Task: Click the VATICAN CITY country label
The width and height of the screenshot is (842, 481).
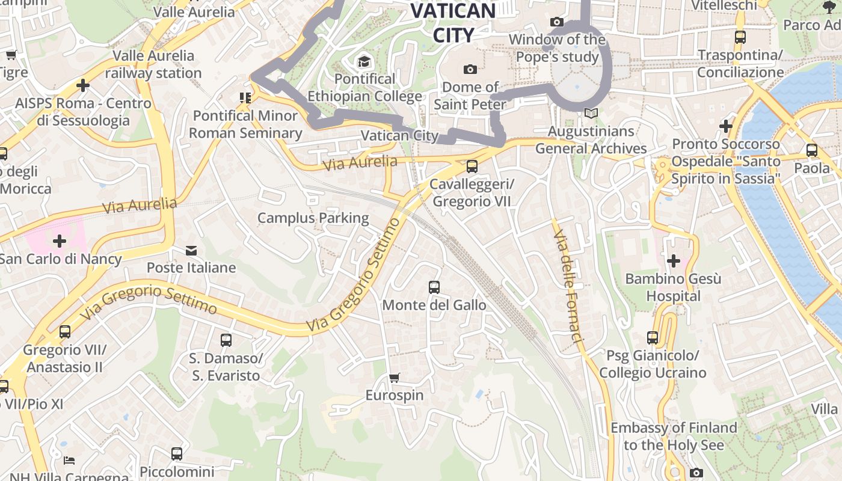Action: pos(453,22)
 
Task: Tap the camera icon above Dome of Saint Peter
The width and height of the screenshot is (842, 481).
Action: pos(470,69)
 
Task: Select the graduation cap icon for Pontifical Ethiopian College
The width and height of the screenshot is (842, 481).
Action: pos(364,61)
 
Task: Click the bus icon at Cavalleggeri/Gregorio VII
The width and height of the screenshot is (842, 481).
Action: pos(472,166)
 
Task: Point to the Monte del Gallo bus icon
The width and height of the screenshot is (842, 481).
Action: pos(434,287)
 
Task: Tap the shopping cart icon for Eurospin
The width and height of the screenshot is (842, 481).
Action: pos(395,378)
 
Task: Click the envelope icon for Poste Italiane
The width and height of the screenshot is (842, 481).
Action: pos(191,250)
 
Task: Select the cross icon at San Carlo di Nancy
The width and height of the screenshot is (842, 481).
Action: pos(60,242)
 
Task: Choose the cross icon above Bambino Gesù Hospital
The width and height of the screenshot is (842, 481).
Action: pos(674,261)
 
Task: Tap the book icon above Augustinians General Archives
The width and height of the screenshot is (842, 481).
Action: pos(591,113)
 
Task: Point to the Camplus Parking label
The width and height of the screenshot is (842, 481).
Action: pos(313,218)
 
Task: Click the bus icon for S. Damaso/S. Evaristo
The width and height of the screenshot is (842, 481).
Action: pos(226,340)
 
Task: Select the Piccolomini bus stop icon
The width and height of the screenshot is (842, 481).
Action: pos(177,454)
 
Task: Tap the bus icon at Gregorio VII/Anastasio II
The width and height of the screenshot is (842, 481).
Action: pos(65,331)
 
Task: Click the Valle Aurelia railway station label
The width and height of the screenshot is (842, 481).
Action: pos(153,64)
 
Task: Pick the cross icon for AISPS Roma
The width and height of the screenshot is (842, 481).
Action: pos(83,85)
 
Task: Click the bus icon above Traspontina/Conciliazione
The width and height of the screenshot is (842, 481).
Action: pos(740,37)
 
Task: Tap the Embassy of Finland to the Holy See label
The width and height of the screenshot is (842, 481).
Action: pos(674,437)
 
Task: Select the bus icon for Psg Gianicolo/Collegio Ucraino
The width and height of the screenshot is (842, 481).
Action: pos(653,338)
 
